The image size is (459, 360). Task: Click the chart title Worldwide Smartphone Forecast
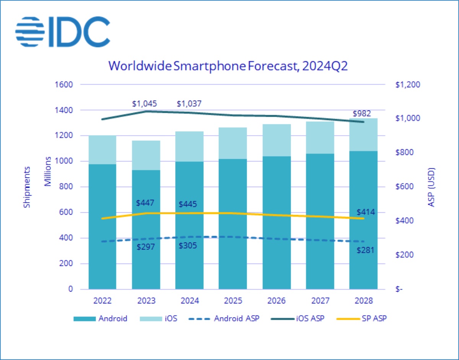[x=228, y=65]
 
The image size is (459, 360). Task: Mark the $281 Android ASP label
[x=365, y=251]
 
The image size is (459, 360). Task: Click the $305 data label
[x=188, y=246]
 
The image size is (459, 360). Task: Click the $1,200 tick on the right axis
[x=407, y=85]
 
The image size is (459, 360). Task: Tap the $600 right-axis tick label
[x=406, y=187]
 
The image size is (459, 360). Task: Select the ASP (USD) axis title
[x=432, y=187]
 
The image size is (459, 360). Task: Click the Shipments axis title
[x=27, y=187]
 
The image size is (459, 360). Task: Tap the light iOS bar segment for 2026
[x=276, y=140]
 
